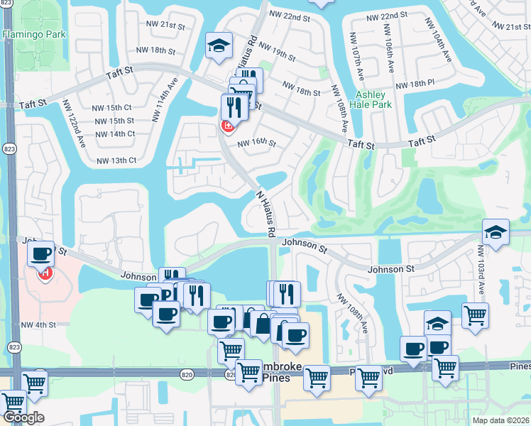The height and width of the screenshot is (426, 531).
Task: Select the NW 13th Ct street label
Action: [114, 160]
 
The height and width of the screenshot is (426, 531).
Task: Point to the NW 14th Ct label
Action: [114, 133]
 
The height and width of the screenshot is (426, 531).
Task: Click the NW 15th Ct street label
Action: [112, 108]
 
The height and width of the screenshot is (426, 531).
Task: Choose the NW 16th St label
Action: [256, 143]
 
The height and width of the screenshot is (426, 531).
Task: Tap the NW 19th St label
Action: [276, 53]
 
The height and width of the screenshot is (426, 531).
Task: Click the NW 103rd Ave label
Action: [481, 271]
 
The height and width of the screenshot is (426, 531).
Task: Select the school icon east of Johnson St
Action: [495, 231]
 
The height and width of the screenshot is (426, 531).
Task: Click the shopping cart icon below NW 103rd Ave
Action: [475, 315]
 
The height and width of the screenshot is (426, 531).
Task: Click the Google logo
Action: [23, 417]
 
